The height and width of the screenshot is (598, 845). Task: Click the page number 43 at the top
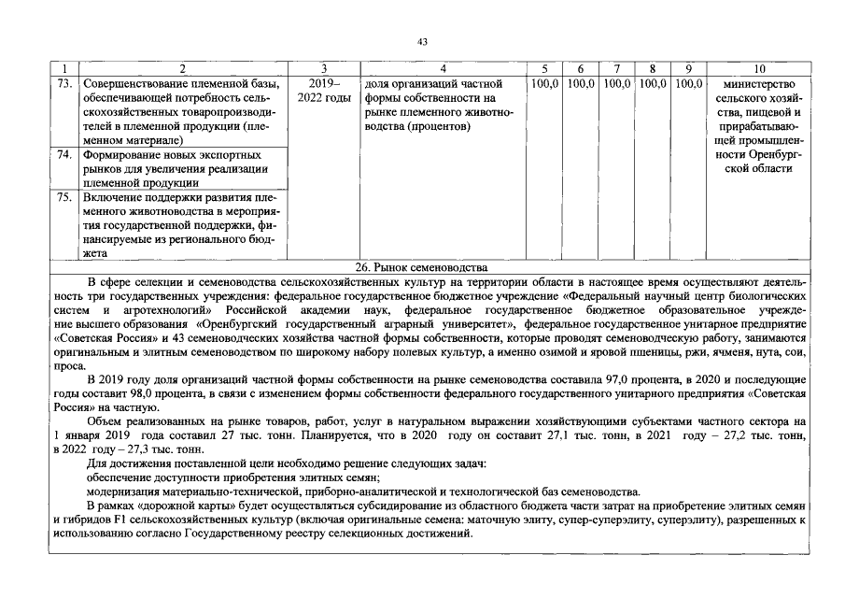pyautogui.click(x=422, y=41)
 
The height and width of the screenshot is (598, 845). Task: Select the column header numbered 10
pyautogui.click(x=757, y=69)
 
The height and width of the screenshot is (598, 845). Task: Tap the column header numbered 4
pyautogui.click(x=443, y=69)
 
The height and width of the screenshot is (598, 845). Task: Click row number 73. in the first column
pyautogui.click(x=64, y=84)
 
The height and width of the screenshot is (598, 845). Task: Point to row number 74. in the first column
pyautogui.click(x=64, y=154)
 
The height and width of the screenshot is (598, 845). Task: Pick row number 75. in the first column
pyautogui.click(x=64, y=197)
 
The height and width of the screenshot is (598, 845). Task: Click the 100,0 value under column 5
pyautogui.click(x=544, y=84)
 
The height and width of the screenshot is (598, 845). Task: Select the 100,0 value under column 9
pyautogui.click(x=688, y=84)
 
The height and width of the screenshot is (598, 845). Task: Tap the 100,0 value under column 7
pyautogui.click(x=616, y=84)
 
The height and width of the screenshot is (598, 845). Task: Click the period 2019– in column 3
pyautogui.click(x=320, y=84)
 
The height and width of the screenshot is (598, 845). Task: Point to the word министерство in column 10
pyautogui.click(x=757, y=84)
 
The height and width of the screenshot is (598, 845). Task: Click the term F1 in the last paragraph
pyautogui.click(x=126, y=520)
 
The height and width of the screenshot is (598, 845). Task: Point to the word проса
pyautogui.click(x=69, y=365)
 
